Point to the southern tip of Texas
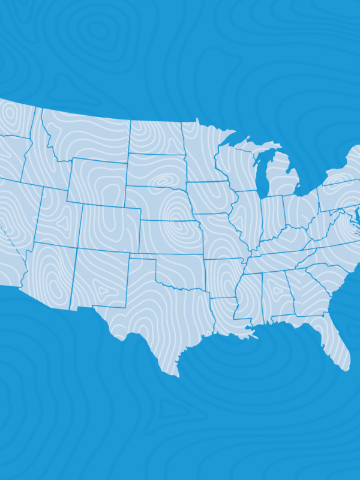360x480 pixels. (x=176, y=376)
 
